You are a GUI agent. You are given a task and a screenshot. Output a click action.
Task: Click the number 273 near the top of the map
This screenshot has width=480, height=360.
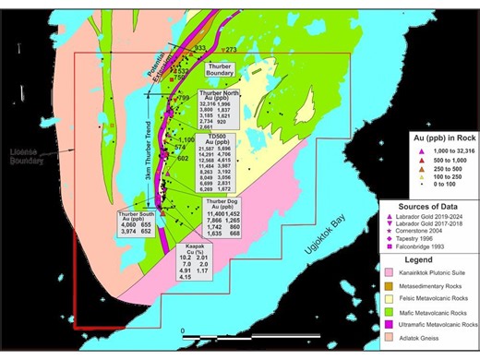pos(231,49)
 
